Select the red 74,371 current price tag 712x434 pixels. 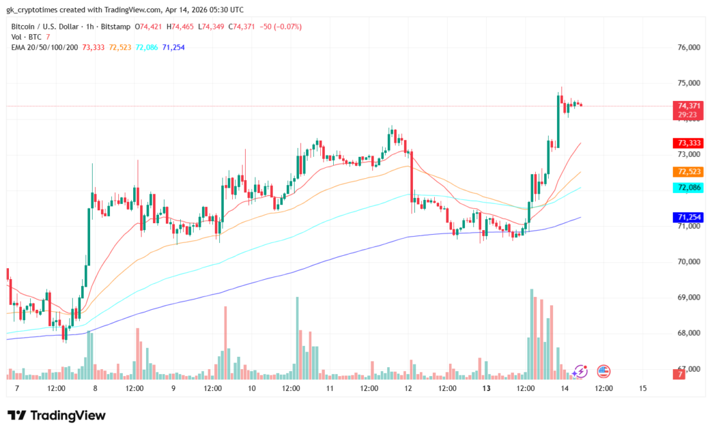click(x=688, y=105)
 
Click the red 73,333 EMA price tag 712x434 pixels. click(x=688, y=143)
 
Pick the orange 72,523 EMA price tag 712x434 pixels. click(x=688, y=172)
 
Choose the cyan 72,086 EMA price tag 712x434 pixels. click(x=688, y=188)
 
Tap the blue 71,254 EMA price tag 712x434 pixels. click(x=688, y=218)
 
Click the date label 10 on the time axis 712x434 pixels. click(x=251, y=388)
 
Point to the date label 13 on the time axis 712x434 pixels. click(x=487, y=388)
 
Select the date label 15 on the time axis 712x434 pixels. click(x=643, y=388)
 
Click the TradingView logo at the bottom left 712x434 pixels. click(x=57, y=416)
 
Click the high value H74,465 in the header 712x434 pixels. click(x=183, y=26)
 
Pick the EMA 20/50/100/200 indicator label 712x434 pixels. click(x=45, y=47)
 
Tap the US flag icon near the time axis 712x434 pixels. click(x=603, y=371)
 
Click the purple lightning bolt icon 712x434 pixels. click(x=581, y=371)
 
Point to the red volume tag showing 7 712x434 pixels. click(x=679, y=374)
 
